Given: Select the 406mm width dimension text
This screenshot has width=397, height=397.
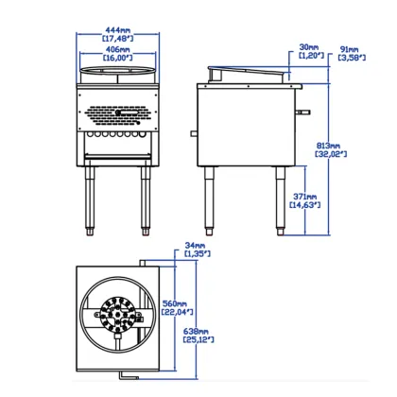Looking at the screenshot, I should (117, 48).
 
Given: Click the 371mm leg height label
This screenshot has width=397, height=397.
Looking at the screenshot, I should (307, 198).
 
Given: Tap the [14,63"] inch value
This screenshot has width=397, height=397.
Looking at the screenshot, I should (307, 206).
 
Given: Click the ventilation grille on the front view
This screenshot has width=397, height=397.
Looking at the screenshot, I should (117, 116).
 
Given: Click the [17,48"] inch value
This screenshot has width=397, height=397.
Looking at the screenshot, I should (117, 39).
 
